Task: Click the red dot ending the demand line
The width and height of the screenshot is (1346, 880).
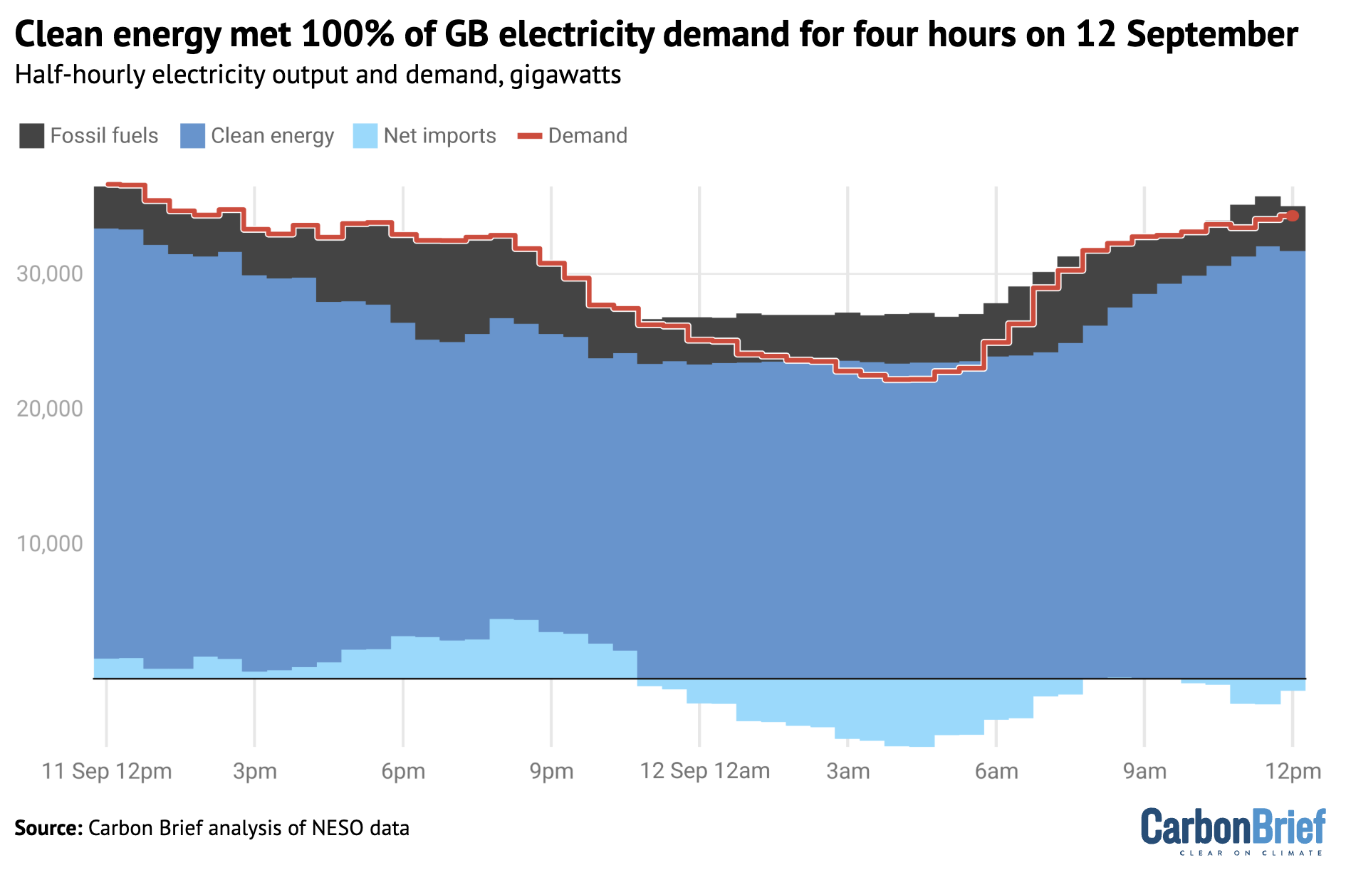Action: coord(1293,216)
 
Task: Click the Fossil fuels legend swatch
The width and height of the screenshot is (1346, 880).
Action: coord(31,135)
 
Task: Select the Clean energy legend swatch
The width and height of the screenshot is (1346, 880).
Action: coord(192,135)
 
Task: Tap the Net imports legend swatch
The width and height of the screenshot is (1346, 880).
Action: coord(365,135)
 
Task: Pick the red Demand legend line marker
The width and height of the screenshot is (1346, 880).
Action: coord(529,135)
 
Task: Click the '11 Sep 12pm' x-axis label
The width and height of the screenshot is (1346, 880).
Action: coord(107,771)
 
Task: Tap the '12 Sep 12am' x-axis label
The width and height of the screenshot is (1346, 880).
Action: coord(705,771)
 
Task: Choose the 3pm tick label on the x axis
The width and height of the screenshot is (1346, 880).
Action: coord(255,771)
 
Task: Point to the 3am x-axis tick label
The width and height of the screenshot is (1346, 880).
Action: coord(847,771)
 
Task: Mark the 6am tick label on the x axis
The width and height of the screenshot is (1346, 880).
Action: coord(996,771)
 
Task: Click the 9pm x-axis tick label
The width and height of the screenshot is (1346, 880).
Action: coord(551,771)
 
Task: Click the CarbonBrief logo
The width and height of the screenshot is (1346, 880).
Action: coord(1233,830)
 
